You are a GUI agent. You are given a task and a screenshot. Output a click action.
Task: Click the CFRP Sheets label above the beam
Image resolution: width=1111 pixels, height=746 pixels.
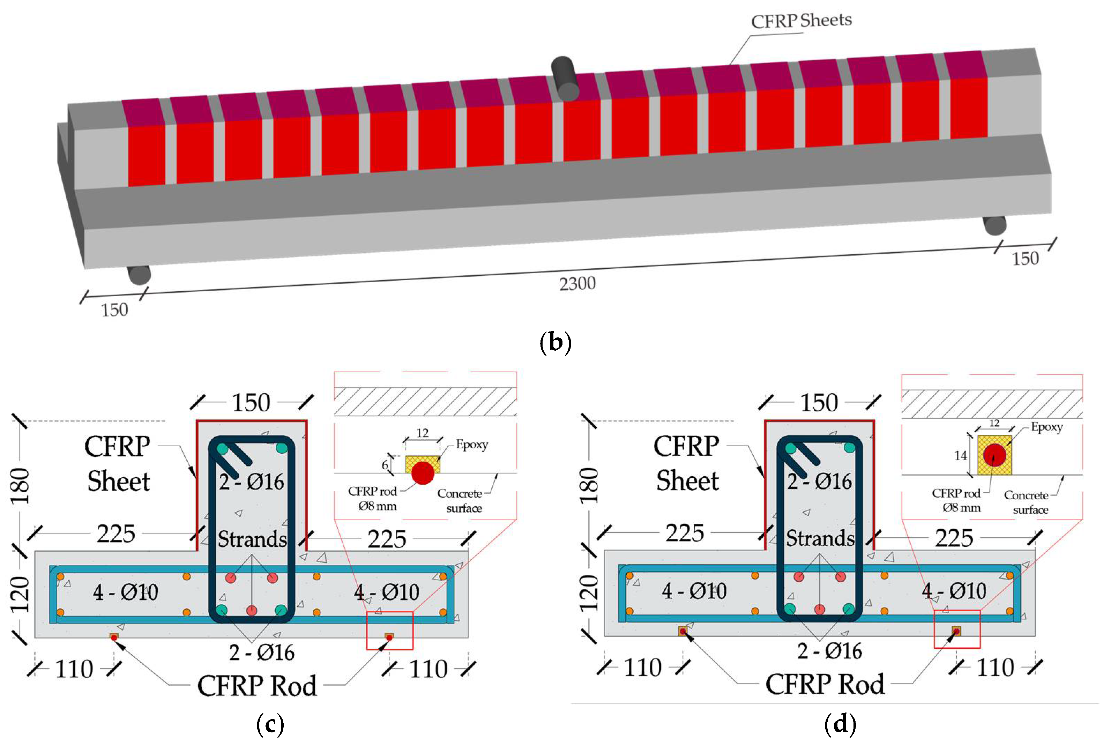tap(801, 21)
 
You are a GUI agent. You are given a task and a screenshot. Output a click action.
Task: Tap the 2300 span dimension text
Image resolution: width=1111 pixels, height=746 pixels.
tap(577, 284)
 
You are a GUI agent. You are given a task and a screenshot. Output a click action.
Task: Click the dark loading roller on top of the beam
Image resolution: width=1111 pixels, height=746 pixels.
tap(564, 79)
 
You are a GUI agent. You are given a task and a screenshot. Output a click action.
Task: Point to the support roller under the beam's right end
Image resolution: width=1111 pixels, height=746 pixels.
tap(994, 225)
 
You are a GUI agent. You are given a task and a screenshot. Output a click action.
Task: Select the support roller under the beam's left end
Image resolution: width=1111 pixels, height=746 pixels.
tap(139, 275)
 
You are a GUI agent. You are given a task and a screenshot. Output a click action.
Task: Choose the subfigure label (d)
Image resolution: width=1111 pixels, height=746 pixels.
tap(840, 724)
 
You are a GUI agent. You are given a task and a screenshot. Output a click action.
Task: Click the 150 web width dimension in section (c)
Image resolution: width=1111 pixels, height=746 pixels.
tap(251, 403)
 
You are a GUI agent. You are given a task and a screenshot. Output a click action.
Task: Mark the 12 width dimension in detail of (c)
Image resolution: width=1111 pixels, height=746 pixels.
tap(422, 433)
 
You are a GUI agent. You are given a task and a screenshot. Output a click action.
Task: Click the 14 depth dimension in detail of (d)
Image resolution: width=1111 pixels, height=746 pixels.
tap(960, 455)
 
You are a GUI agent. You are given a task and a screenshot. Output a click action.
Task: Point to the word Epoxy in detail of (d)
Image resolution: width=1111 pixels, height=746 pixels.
tap(1046, 427)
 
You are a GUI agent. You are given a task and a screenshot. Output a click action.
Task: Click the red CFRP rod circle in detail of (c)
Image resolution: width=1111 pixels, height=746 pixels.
tap(423, 473)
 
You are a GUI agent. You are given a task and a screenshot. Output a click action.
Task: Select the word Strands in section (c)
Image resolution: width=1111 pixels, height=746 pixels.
tap(252, 539)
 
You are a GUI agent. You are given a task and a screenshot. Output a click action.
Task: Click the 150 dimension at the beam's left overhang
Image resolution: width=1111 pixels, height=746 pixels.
tap(114, 310)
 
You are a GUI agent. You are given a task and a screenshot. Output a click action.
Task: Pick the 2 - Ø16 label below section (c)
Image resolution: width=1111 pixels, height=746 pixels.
tap(261, 652)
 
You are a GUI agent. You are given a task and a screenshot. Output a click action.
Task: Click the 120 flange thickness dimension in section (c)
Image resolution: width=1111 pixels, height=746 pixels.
tap(20, 593)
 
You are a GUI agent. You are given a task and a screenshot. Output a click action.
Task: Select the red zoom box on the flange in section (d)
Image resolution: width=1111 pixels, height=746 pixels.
tap(957, 629)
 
